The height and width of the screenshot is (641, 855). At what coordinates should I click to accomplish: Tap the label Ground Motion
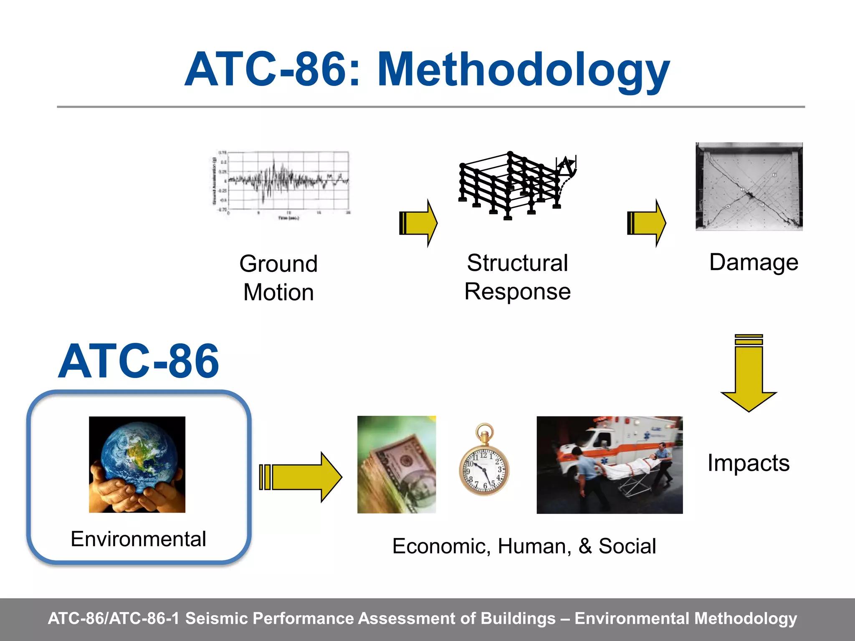(x=278, y=278)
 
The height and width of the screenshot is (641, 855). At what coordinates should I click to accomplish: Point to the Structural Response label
(x=517, y=277)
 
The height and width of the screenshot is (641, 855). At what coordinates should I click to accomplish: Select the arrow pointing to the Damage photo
(x=646, y=223)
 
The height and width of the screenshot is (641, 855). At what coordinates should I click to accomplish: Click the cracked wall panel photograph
(x=749, y=187)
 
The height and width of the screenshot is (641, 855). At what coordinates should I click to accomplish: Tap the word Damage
(x=754, y=262)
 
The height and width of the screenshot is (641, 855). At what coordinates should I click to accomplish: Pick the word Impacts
(x=748, y=463)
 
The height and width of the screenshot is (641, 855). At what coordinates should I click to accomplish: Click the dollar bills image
(x=396, y=464)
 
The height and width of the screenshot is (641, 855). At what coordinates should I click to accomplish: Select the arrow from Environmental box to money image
(x=301, y=477)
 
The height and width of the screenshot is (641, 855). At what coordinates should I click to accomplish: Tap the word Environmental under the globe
(x=138, y=539)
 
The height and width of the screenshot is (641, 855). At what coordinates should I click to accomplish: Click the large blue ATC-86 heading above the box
(x=138, y=361)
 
